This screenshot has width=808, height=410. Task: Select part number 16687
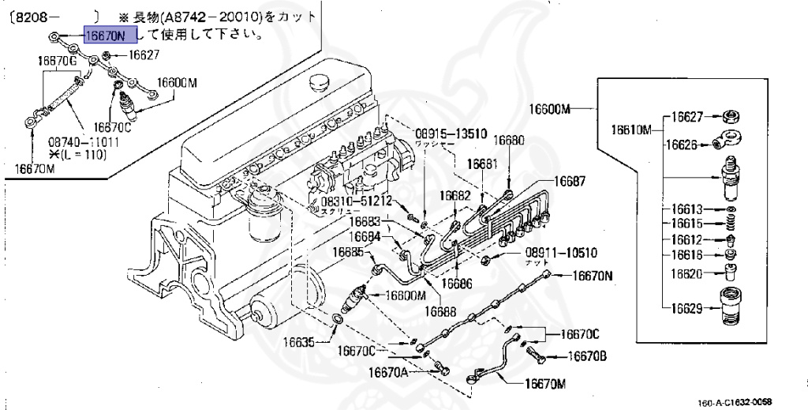click(569, 181)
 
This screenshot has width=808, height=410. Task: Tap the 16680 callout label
click(508, 140)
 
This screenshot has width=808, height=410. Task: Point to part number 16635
click(301, 342)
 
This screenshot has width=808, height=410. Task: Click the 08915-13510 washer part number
click(451, 134)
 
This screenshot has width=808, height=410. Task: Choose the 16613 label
click(687, 209)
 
